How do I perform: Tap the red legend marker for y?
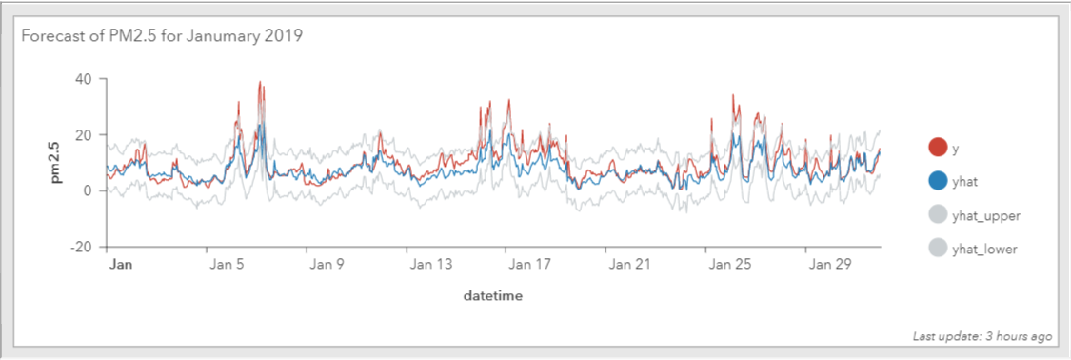pyautogui.click(x=938, y=147)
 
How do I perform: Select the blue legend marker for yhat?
pyautogui.click(x=938, y=181)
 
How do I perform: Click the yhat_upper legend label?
pyautogui.click(x=985, y=216)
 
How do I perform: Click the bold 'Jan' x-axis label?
pyautogui.click(x=121, y=263)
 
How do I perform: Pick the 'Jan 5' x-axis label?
pyautogui.click(x=224, y=263)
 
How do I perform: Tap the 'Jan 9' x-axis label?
pyautogui.click(x=323, y=263)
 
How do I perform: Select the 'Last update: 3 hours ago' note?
pyautogui.click(x=982, y=337)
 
